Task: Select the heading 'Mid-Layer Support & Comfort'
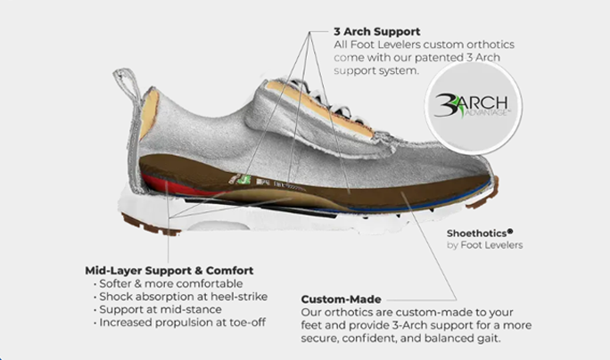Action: (x=169, y=270)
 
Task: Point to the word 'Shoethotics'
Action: (x=482, y=233)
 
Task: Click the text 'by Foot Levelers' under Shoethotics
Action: (x=485, y=245)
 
